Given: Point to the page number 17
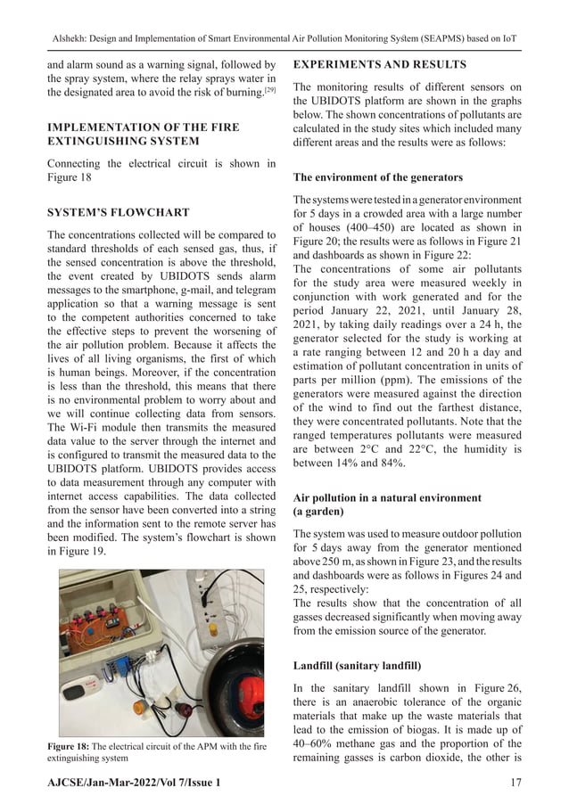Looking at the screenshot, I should (x=515, y=782).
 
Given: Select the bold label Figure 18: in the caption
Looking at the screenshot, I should (x=70, y=746).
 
